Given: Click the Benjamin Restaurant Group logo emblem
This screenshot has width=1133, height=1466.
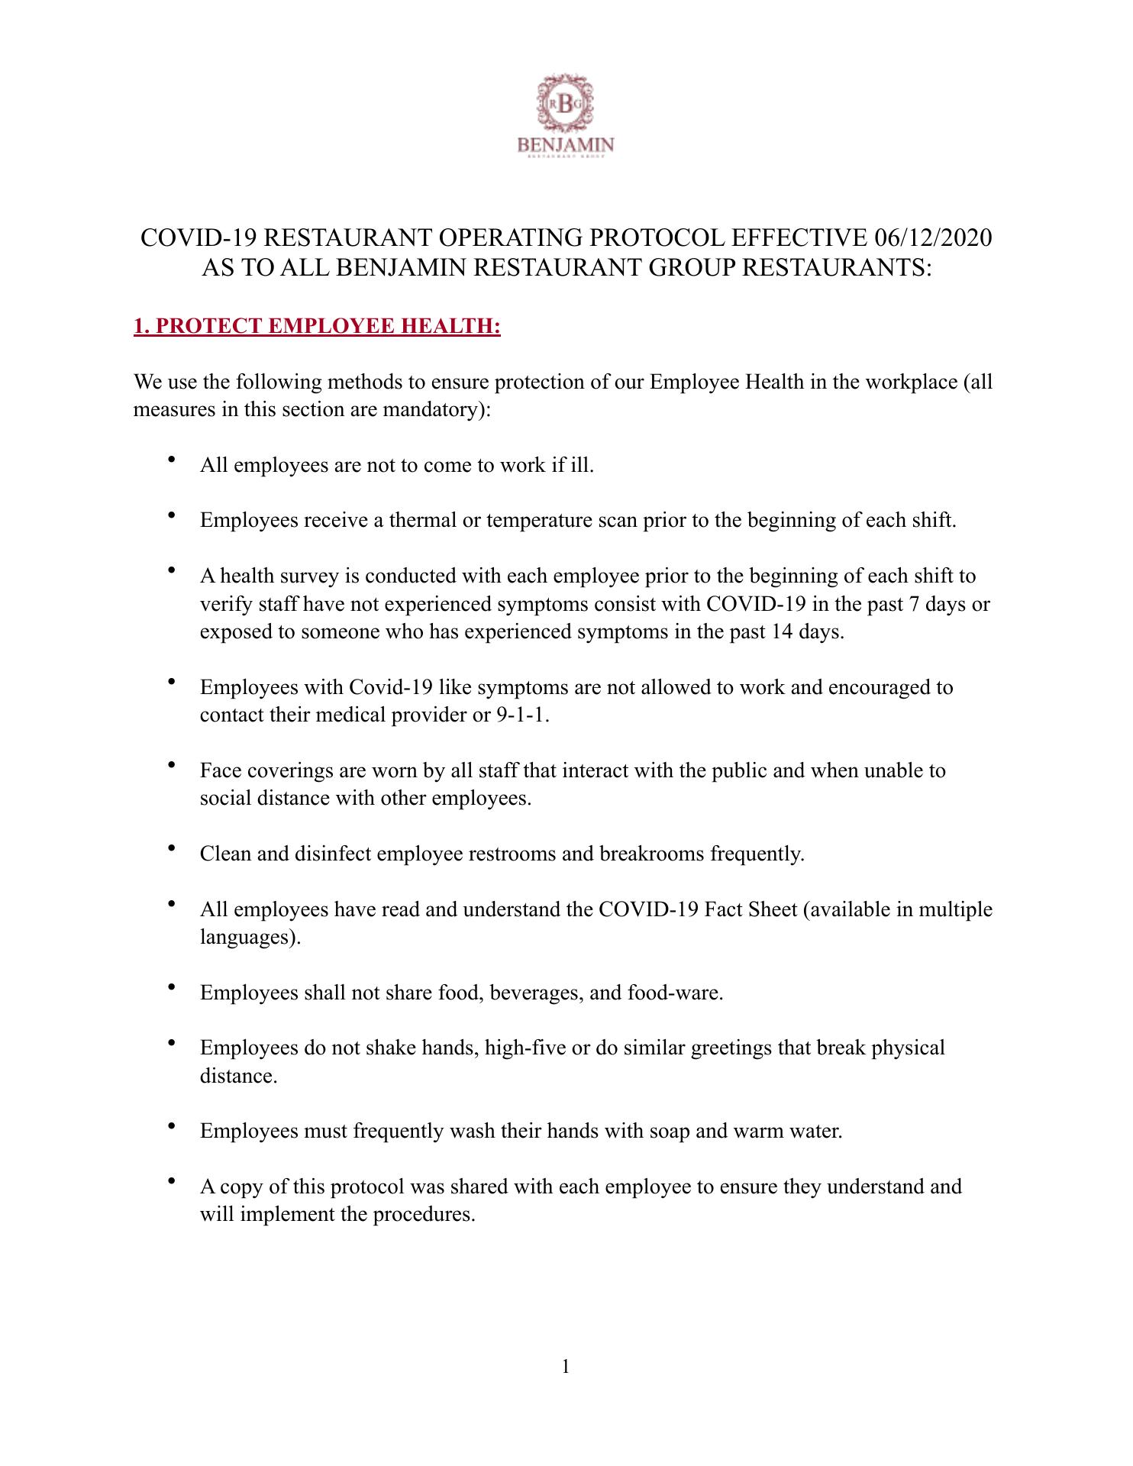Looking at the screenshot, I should [x=566, y=105].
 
